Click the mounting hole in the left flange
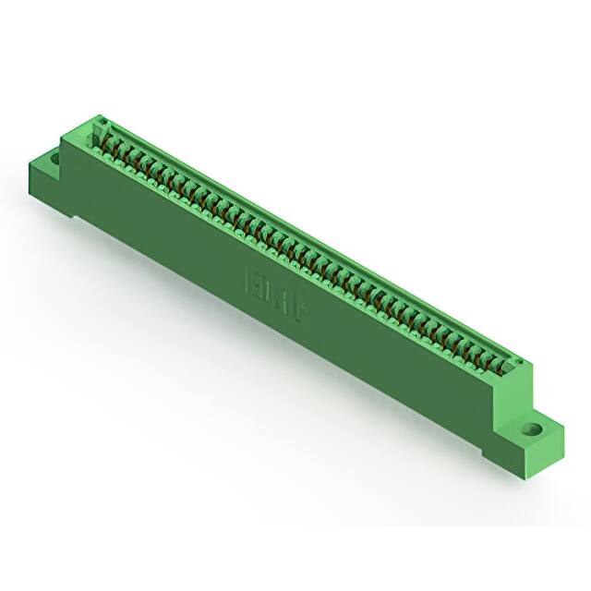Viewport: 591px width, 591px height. (x=54, y=159)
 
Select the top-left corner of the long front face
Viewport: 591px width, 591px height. (x=63, y=140)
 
